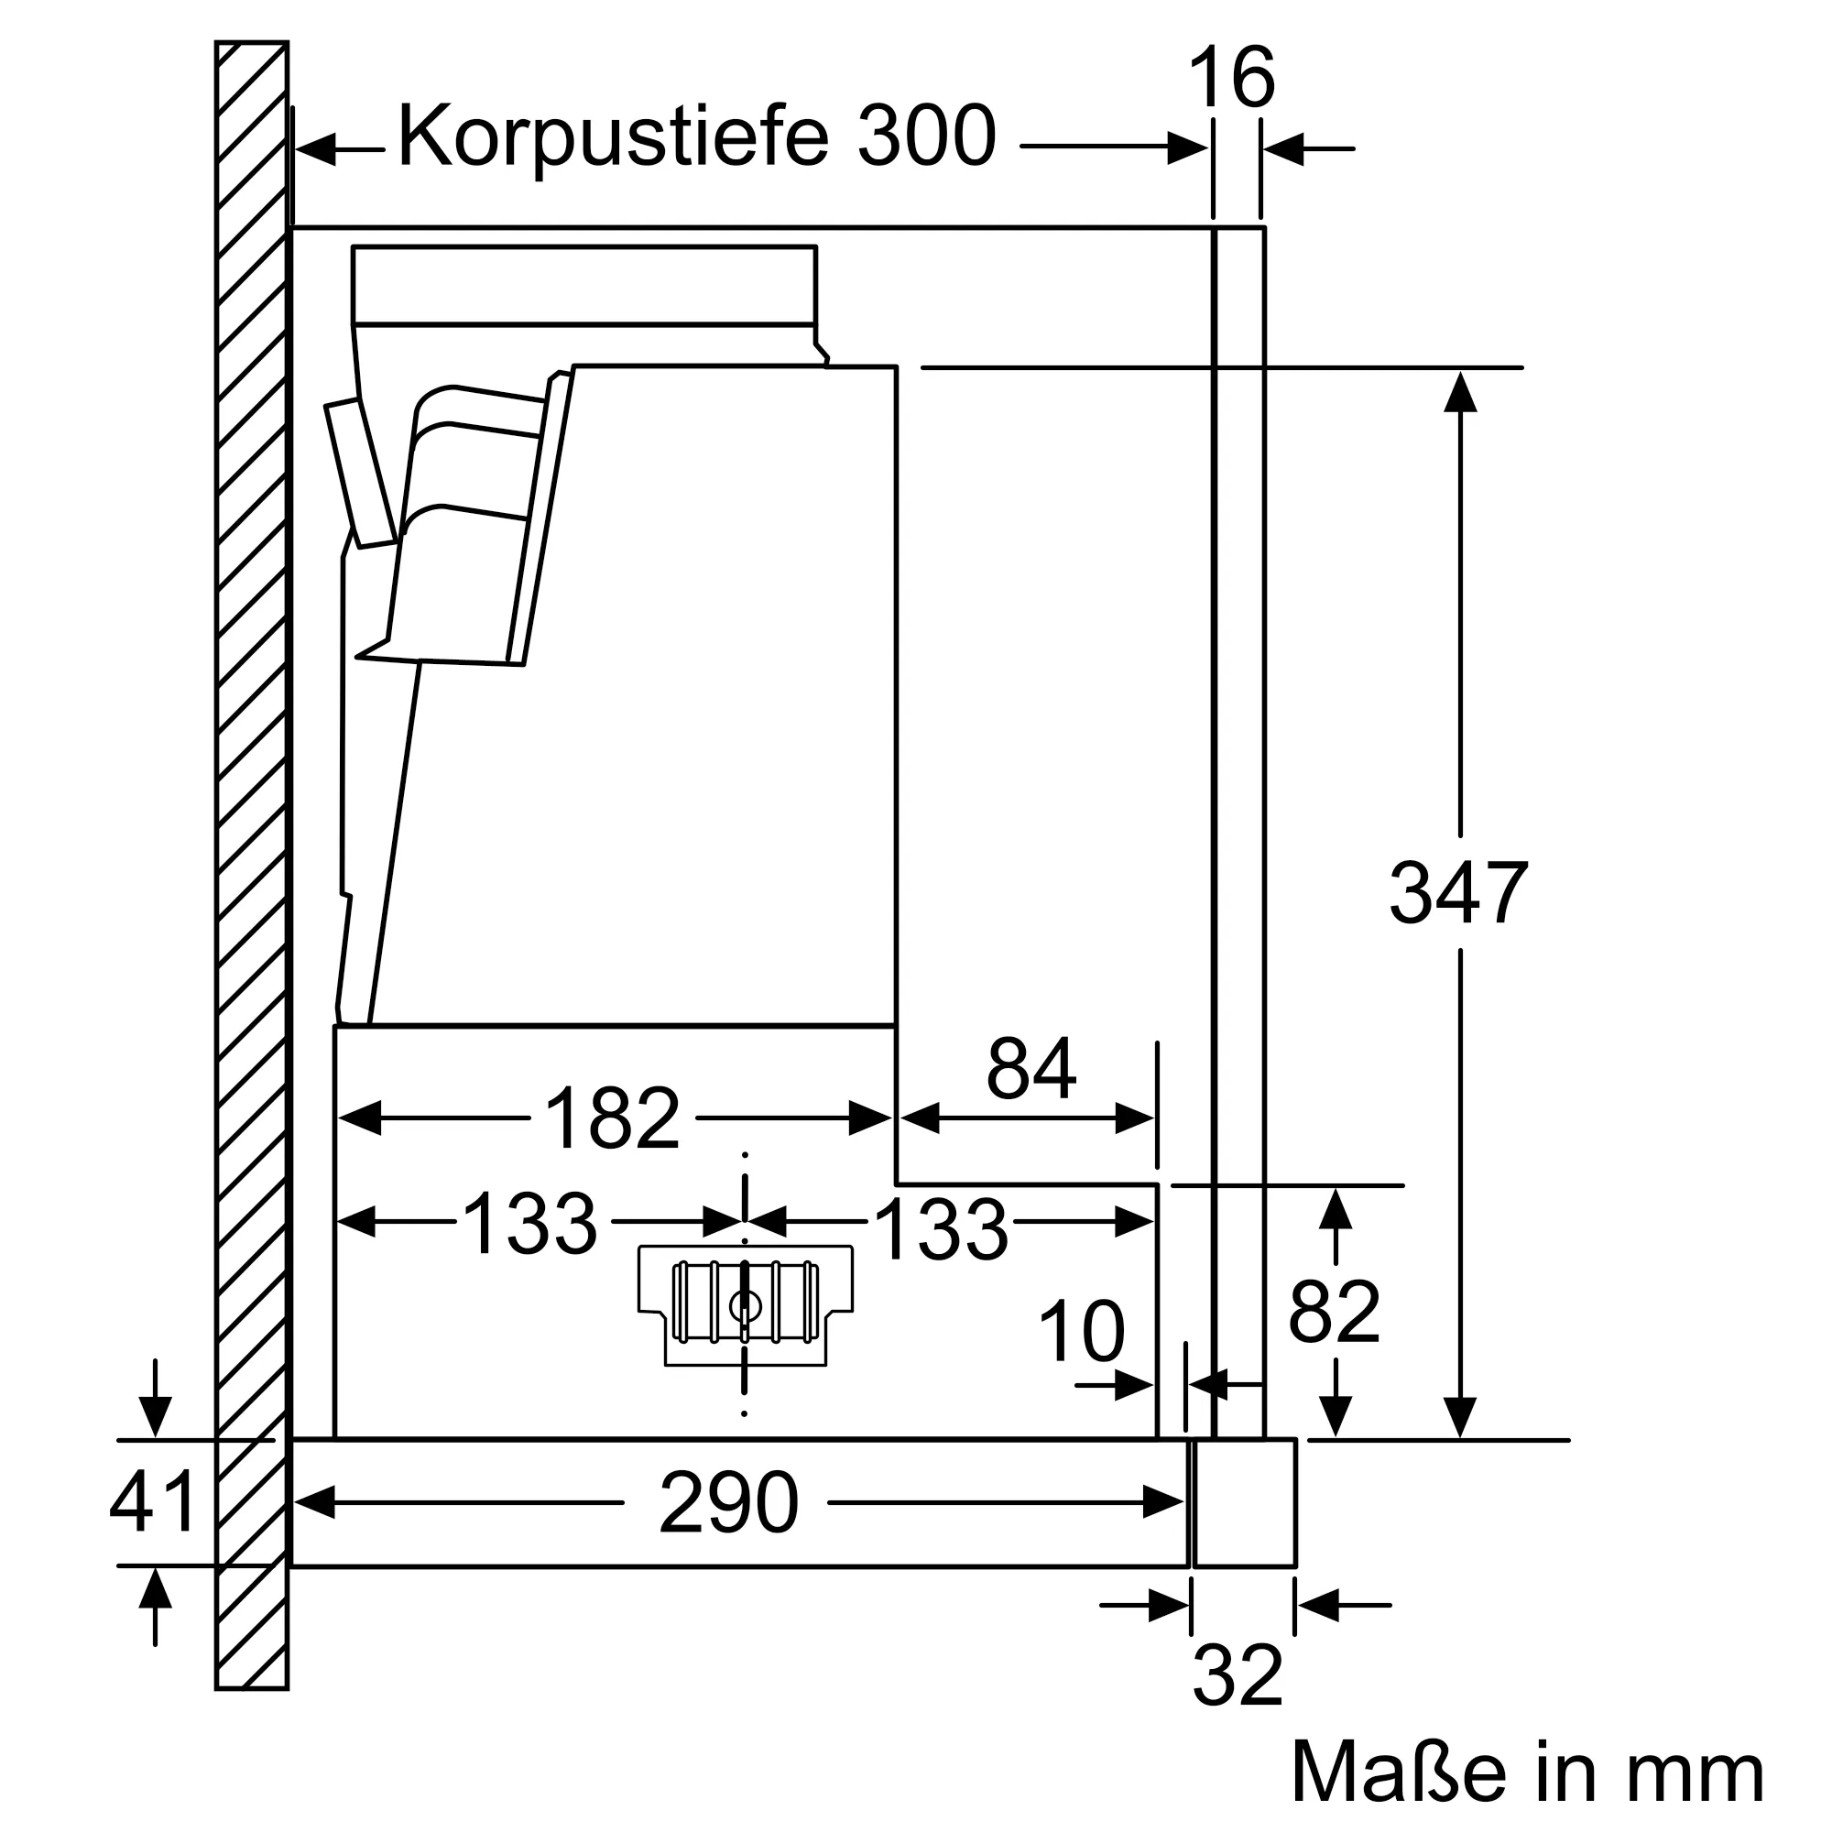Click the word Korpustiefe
(x=613, y=137)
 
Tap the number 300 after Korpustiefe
(x=926, y=137)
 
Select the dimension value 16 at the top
(x=1231, y=80)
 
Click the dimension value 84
(x=1030, y=1069)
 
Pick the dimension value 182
(x=613, y=1119)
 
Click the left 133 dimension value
(x=529, y=1224)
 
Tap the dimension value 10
(x=1081, y=1331)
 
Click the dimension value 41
(x=153, y=1501)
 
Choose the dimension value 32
(x=1238, y=1675)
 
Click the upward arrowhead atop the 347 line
(x=1459, y=391)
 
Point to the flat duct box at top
(x=583, y=285)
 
